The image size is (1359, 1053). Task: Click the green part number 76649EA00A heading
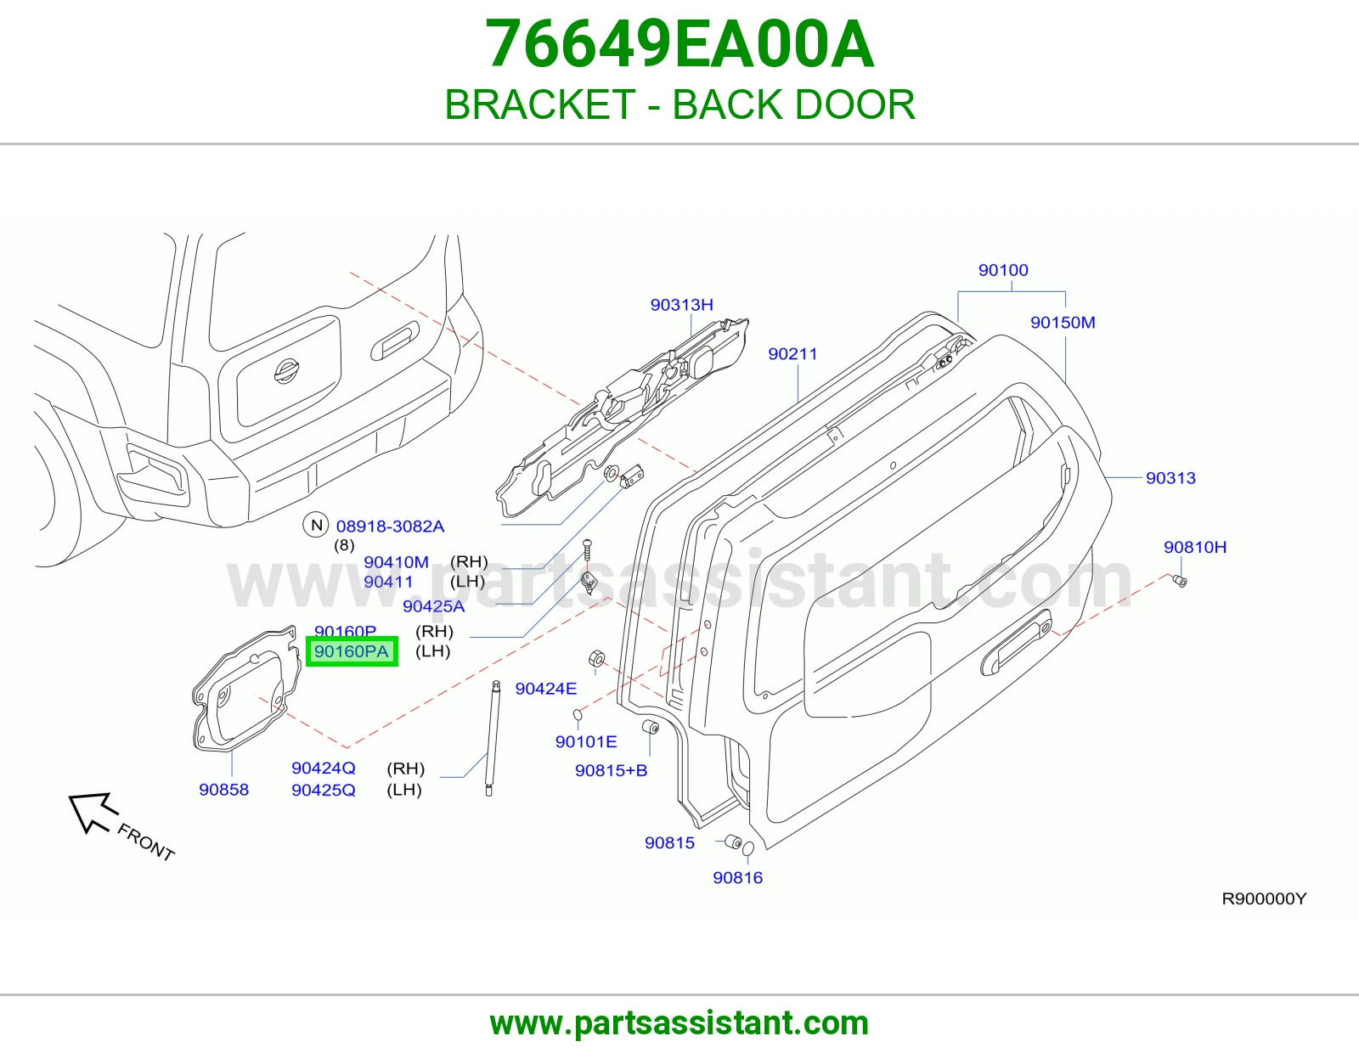pyautogui.click(x=679, y=44)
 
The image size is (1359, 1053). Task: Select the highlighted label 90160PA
pyautogui.click(x=352, y=651)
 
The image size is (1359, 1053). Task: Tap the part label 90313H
pyautogui.click(x=682, y=305)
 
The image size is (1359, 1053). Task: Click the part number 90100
pyautogui.click(x=1003, y=270)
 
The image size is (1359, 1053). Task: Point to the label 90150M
pyautogui.click(x=1063, y=323)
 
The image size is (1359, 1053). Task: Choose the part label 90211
pyautogui.click(x=792, y=354)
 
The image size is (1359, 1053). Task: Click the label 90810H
pyautogui.click(x=1194, y=547)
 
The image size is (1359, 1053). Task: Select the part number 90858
pyautogui.click(x=224, y=790)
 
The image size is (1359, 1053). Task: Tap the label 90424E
pyautogui.click(x=546, y=689)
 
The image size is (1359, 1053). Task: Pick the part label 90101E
pyautogui.click(x=586, y=741)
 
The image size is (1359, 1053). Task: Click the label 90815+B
pyautogui.click(x=611, y=770)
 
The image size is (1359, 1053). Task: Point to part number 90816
pyautogui.click(x=738, y=877)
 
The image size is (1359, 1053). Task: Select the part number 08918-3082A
pyautogui.click(x=390, y=526)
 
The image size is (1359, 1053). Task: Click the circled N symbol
pyautogui.click(x=316, y=525)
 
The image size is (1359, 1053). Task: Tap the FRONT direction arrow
pyautogui.click(x=93, y=813)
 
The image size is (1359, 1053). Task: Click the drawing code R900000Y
pyautogui.click(x=1264, y=898)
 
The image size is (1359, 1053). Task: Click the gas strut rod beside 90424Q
pyautogui.click(x=492, y=739)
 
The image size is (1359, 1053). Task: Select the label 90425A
pyautogui.click(x=433, y=606)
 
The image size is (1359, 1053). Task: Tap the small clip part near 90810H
pyautogui.click(x=1181, y=581)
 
